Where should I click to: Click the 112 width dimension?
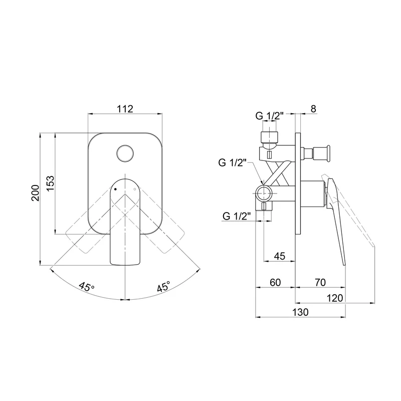coord(125,109)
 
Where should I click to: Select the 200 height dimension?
coord(35,193)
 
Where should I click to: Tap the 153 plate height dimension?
coord(50,183)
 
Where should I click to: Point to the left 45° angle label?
coord(87,286)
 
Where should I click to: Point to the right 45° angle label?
coord(163,286)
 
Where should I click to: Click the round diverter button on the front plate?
coord(125,153)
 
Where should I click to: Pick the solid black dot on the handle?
coord(115,189)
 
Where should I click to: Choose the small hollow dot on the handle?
coord(135,189)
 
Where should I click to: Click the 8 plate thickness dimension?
coord(313,109)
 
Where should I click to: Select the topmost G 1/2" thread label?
coord(269,116)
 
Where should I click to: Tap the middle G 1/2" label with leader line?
coord(232,162)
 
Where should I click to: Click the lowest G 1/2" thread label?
coord(236,216)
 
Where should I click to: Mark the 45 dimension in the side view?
coord(279,256)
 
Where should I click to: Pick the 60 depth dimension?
coord(275,282)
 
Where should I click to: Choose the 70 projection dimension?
coord(320,282)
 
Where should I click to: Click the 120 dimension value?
coord(335,298)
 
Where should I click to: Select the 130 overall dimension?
coord(300,312)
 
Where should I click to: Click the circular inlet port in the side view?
coord(264,193)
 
